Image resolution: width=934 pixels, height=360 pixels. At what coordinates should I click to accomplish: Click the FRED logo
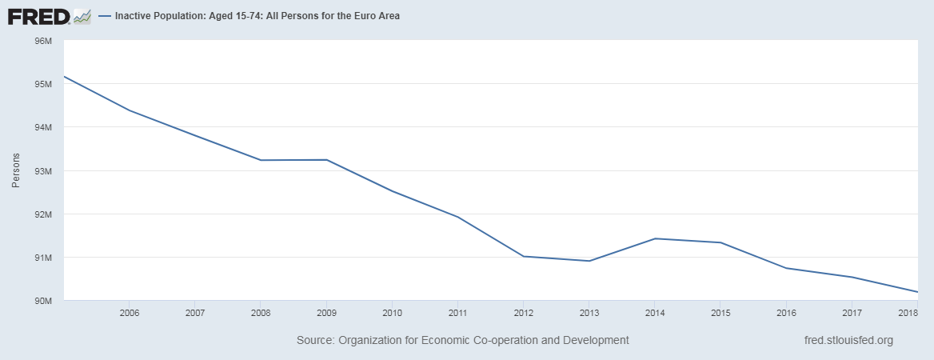pyautogui.click(x=48, y=15)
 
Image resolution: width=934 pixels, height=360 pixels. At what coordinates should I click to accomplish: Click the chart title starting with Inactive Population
pyautogui.click(x=257, y=16)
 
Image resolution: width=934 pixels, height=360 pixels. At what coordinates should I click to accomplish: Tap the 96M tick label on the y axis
pyautogui.click(x=41, y=41)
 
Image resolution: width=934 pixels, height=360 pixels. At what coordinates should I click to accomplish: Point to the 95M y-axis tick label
pyautogui.click(x=41, y=84)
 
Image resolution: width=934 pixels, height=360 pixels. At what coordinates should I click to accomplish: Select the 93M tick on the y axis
pyautogui.click(x=41, y=171)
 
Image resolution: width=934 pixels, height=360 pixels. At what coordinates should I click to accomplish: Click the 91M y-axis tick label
pyautogui.click(x=41, y=258)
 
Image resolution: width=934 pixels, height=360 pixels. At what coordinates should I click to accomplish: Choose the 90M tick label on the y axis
pyautogui.click(x=41, y=301)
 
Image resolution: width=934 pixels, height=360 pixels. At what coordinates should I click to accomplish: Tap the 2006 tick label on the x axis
pyautogui.click(x=130, y=312)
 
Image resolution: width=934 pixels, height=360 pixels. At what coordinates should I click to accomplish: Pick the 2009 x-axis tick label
pyautogui.click(x=326, y=312)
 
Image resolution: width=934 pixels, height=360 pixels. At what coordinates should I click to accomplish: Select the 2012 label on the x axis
pyautogui.click(x=523, y=312)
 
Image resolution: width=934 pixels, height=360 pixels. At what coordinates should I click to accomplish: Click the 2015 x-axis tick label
pyautogui.click(x=720, y=312)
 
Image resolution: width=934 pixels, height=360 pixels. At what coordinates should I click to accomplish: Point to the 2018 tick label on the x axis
pyautogui.click(x=908, y=312)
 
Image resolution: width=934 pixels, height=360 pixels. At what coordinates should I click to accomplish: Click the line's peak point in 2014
pyautogui.click(x=655, y=238)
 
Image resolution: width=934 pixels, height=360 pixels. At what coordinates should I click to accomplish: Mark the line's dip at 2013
pyautogui.click(x=589, y=261)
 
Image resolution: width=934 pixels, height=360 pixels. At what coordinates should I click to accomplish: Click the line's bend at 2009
pyautogui.click(x=326, y=160)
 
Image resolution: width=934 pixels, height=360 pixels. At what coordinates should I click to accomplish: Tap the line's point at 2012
pyautogui.click(x=523, y=256)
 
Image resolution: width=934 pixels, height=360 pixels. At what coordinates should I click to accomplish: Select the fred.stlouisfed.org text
pyautogui.click(x=848, y=340)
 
